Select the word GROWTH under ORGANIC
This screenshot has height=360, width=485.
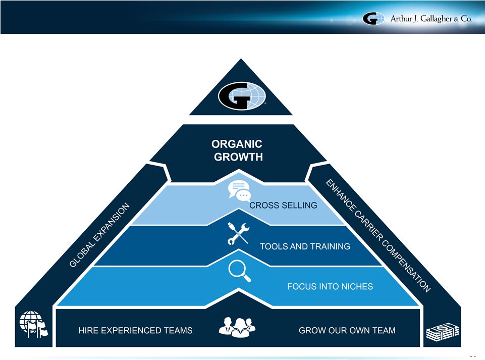pyautogui.click(x=238, y=157)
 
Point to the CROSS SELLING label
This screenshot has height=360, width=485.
pyautogui.click(x=283, y=205)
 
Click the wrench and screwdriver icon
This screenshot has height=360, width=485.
pyautogui.click(x=238, y=233)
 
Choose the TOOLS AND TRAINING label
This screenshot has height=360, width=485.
pyautogui.click(x=305, y=246)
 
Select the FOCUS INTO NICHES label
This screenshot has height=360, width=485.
pyautogui.click(x=330, y=286)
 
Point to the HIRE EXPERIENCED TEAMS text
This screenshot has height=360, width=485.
pyautogui.click(x=135, y=330)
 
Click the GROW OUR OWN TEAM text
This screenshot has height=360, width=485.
pyautogui.click(x=347, y=330)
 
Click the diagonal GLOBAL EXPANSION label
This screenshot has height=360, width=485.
pyautogui.click(x=100, y=235)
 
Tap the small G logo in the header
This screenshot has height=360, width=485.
pyautogui.click(x=373, y=19)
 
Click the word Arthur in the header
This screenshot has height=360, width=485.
pyautogui.click(x=403, y=19)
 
